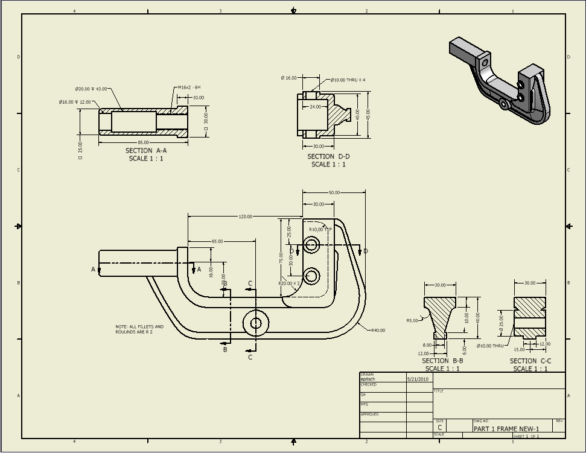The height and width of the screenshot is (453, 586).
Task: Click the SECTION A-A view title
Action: point(146,151)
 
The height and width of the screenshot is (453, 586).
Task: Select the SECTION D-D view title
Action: point(328,156)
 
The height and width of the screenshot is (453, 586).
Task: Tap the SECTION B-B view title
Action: point(442,361)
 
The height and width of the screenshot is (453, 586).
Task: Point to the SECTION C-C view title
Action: point(530,361)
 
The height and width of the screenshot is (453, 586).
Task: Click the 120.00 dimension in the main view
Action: point(245,217)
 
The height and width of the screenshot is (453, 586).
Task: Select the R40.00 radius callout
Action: point(378,331)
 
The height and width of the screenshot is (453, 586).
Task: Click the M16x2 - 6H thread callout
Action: point(189,87)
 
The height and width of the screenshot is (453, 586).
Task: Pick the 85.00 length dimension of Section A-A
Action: point(144,142)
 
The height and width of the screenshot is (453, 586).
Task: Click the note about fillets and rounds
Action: point(139,329)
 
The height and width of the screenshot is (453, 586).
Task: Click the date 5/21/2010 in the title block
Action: point(417,379)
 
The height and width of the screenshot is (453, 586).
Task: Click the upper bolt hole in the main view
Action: point(311,244)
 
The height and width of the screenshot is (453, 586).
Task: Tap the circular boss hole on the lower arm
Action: point(255,323)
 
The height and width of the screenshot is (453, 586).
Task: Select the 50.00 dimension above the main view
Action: point(334,192)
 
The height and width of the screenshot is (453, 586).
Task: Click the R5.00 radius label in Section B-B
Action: point(412,321)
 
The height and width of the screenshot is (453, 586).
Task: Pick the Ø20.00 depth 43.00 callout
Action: point(91,89)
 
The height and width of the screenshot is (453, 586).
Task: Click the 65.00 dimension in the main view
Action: point(217,241)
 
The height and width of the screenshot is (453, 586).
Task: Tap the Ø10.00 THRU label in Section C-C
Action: point(489,346)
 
